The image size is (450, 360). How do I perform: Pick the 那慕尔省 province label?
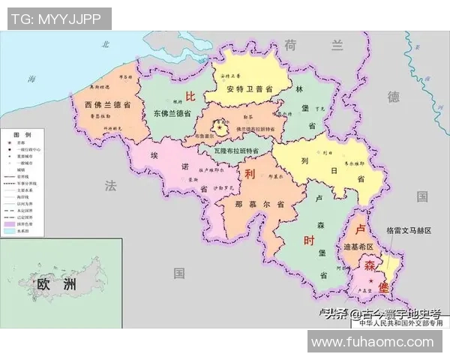click(259, 204)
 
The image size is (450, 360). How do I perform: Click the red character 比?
click(190, 96)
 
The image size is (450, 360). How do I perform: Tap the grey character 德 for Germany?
click(393, 97)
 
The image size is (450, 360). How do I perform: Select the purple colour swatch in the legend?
click(10, 224)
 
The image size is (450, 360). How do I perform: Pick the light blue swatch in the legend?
click(10, 231)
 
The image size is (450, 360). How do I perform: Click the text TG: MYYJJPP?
click(56, 18)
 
